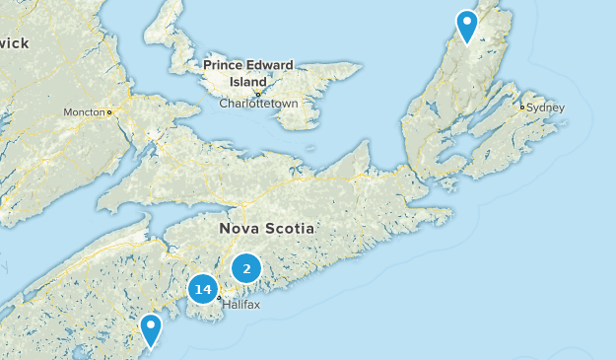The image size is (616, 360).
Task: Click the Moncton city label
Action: pyautogui.click(x=84, y=112)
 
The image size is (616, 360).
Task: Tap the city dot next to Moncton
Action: pyautogui.click(x=109, y=112)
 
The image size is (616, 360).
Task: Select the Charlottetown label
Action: pyautogui.click(x=258, y=103)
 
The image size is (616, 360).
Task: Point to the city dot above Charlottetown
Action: pyautogui.click(x=258, y=94)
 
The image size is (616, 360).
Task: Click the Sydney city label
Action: pyautogui.click(x=546, y=107)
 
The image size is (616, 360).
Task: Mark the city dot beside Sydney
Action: pyautogui.click(x=522, y=107)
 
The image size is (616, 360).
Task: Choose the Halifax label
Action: pyautogui.click(x=240, y=305)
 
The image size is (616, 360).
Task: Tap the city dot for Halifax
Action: pyautogui.click(x=219, y=297)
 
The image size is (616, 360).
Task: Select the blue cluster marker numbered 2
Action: pyautogui.click(x=246, y=267)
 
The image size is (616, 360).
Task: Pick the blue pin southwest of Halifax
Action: pyautogui.click(x=151, y=329)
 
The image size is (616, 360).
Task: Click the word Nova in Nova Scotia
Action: pyautogui.click(x=239, y=229)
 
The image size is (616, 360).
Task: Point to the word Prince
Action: pyautogui.click(x=225, y=65)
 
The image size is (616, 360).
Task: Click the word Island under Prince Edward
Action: pyautogui.click(x=247, y=81)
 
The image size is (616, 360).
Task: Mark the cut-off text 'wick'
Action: pyautogui.click(x=14, y=42)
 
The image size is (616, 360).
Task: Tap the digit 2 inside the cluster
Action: pyautogui.click(x=246, y=267)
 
